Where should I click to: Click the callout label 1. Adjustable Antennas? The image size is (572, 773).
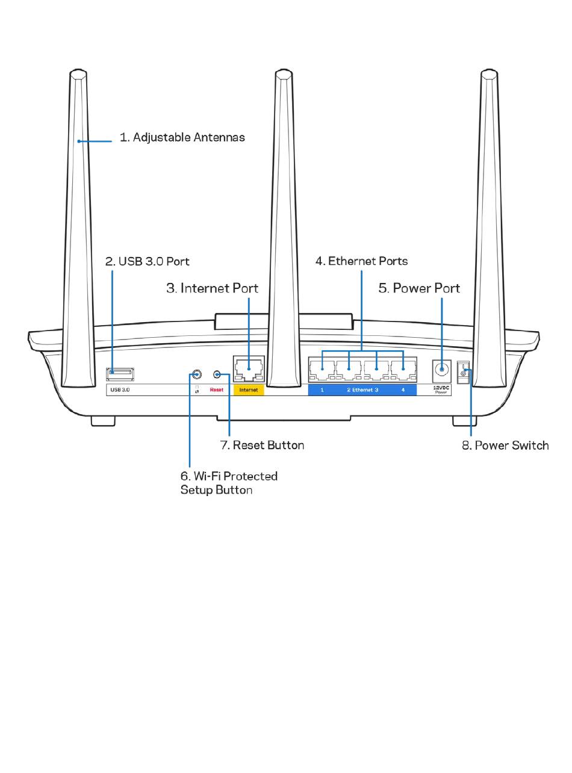(182, 137)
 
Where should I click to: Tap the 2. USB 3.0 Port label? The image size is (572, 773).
(147, 261)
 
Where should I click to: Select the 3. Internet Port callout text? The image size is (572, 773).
(212, 288)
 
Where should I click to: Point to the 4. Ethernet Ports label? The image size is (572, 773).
(361, 261)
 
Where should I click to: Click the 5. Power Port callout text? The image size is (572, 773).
(419, 288)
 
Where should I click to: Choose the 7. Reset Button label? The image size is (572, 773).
(262, 445)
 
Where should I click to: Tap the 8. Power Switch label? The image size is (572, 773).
(505, 445)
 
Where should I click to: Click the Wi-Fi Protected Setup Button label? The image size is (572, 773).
(229, 483)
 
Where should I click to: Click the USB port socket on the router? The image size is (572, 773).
(120, 374)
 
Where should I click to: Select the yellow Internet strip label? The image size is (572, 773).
(249, 390)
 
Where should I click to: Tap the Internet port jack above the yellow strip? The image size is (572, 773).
(249, 370)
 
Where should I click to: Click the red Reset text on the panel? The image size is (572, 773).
(217, 390)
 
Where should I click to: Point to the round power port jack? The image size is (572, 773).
(441, 369)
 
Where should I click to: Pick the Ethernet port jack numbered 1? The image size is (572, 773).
(322, 370)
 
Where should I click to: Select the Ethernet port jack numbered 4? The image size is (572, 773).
(403, 370)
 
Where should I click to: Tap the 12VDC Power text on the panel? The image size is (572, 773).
(441, 390)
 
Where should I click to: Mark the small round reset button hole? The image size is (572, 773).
(217, 374)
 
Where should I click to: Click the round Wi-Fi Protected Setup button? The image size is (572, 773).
(197, 374)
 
